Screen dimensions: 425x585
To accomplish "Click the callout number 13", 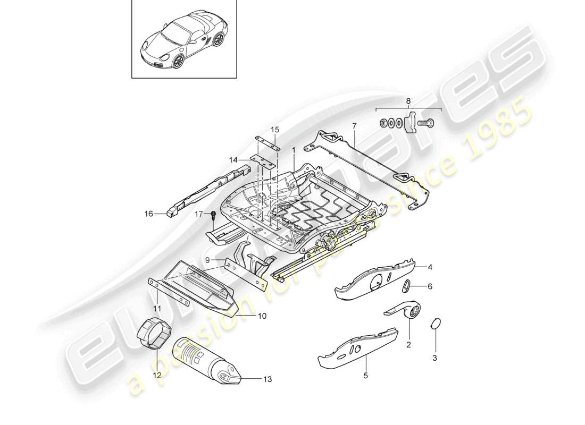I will pos(267,379).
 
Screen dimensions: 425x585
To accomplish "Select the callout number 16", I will pos(148,214).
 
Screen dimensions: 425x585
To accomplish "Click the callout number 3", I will pos(434,359).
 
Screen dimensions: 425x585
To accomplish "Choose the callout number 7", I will pos(354,126).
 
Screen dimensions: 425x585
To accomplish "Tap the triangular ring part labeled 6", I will pos(406,286).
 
